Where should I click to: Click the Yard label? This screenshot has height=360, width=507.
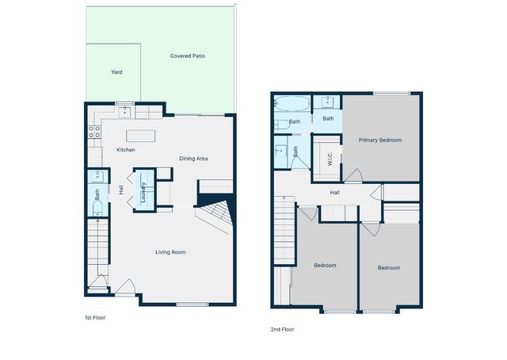(x=116, y=72)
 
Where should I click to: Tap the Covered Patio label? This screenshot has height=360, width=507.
(x=188, y=56)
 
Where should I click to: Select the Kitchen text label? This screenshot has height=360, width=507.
(x=126, y=150)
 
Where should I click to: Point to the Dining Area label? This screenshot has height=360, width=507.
(x=193, y=159)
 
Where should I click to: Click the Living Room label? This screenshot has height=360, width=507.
(x=170, y=252)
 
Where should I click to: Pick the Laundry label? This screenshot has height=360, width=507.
(x=143, y=193)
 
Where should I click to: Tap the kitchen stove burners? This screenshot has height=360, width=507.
(x=93, y=132)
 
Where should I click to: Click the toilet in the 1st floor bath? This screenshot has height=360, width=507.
(x=97, y=208)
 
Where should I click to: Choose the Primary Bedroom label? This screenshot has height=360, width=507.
(x=379, y=140)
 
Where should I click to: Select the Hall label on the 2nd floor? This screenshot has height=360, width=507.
(x=335, y=192)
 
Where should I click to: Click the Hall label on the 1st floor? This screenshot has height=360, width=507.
(x=121, y=190)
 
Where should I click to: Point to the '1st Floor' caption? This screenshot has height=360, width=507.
(x=95, y=317)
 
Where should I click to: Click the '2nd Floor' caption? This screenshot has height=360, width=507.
(x=283, y=328)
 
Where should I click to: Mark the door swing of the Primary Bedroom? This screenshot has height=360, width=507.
(x=352, y=176)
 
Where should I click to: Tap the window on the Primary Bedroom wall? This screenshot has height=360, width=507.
(x=386, y=94)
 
